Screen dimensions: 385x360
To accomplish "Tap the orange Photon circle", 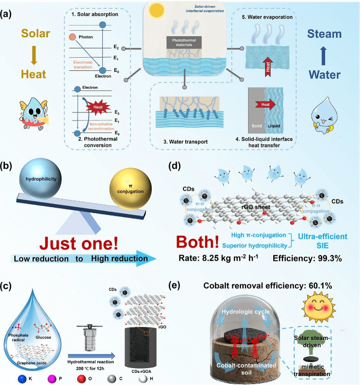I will click(x=72, y=37).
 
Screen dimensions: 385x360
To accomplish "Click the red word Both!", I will click(x=199, y=241).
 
